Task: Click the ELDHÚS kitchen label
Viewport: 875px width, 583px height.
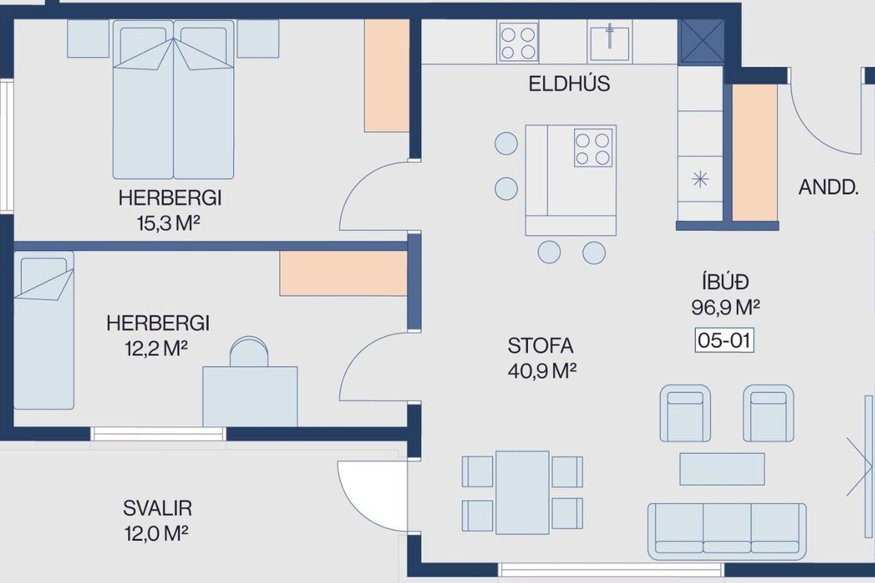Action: tap(569, 84)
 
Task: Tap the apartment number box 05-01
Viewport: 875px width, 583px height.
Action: tap(724, 340)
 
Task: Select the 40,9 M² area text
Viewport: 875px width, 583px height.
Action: tap(542, 371)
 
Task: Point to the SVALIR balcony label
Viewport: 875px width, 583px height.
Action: tap(157, 508)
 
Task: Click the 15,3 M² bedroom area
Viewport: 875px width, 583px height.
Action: tap(169, 223)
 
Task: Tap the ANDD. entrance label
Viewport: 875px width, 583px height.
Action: tap(829, 187)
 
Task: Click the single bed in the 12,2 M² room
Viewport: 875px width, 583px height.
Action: tap(44, 330)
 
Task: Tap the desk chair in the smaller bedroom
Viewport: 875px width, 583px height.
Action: tap(249, 352)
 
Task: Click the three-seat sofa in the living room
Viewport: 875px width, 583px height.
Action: tap(727, 531)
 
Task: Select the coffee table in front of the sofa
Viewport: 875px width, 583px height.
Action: tap(722, 469)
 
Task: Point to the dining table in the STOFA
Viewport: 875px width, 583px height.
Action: tap(522, 492)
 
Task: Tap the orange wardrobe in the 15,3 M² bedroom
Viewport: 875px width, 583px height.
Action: tap(386, 76)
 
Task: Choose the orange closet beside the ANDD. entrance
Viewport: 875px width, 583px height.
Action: tap(754, 153)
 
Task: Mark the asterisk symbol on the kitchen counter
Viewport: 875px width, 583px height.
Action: tap(700, 179)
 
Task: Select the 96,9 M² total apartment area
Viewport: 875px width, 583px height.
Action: tap(726, 307)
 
